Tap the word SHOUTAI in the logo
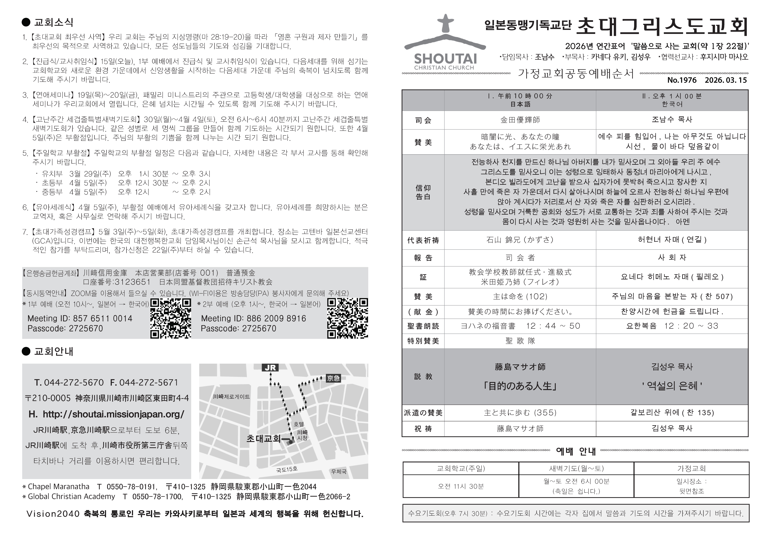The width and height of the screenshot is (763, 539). click(445, 59)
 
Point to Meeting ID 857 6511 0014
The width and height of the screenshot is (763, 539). click(80, 318)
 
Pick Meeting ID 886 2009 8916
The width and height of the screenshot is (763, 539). click(253, 318)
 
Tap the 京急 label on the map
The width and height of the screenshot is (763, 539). click(333, 378)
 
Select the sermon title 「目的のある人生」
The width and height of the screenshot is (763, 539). click(520, 386)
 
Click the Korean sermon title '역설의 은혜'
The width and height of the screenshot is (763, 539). click(672, 386)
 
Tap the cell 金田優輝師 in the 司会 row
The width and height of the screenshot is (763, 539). click(520, 120)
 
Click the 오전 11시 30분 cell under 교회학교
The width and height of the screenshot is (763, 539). click(461, 486)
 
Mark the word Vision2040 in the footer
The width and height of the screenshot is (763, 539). click(53, 514)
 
